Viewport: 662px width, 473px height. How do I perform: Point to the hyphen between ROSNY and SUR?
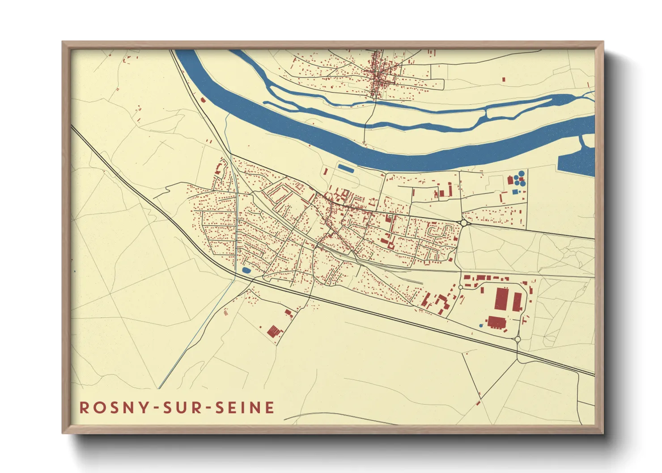156,408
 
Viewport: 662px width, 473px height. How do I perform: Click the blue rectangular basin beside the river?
345,168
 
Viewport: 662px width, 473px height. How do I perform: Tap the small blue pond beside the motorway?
246,270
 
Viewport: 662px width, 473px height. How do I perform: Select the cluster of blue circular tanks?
519,178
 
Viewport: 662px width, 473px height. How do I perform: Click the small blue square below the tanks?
514,192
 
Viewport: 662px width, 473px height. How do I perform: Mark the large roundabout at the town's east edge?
464,223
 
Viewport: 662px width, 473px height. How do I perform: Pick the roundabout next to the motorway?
518,339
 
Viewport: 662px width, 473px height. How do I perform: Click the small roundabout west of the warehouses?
460,287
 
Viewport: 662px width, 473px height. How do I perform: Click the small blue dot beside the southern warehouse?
481,325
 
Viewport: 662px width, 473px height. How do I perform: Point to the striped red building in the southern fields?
274,331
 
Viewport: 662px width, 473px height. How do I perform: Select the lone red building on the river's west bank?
203,100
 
